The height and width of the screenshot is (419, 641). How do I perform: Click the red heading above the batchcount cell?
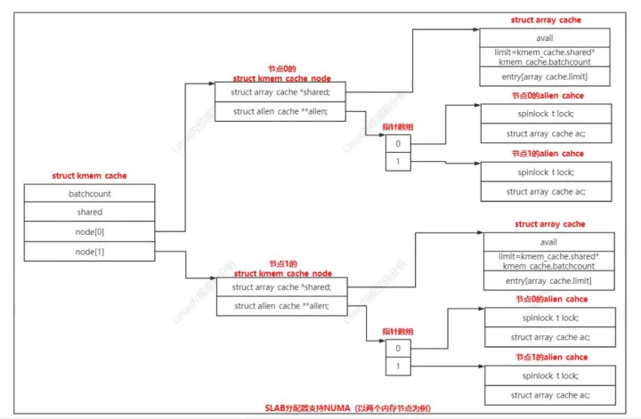click(x=88, y=176)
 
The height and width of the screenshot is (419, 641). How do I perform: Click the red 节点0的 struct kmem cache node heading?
click(x=282, y=74)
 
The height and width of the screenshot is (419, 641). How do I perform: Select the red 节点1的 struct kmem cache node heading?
click(x=282, y=269)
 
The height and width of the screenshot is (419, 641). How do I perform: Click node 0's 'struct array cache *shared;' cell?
click(x=280, y=93)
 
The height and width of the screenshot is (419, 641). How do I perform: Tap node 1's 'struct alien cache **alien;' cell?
click(x=280, y=307)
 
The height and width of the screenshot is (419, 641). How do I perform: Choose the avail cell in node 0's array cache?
click(x=545, y=38)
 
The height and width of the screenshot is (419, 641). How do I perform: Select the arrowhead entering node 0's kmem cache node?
click(x=211, y=85)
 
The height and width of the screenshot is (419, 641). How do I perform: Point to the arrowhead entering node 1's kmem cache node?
click(x=211, y=278)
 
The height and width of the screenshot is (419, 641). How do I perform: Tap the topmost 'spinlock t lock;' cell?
click(x=546, y=114)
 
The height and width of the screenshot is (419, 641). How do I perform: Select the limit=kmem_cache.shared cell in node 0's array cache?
click(x=545, y=58)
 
